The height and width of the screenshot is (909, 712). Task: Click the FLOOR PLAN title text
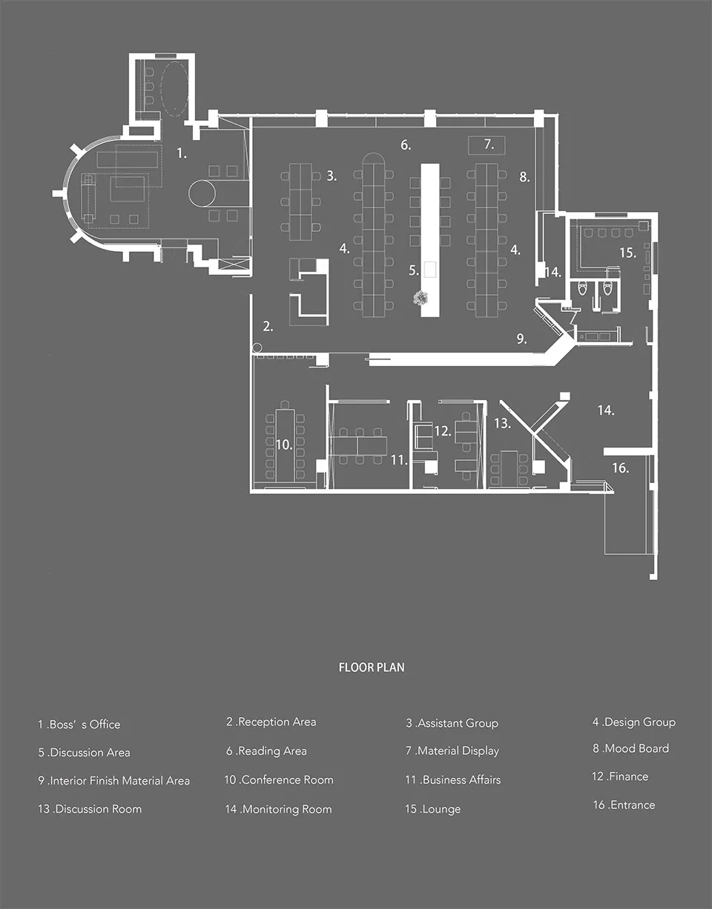click(372, 667)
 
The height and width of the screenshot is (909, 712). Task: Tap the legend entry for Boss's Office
click(79, 725)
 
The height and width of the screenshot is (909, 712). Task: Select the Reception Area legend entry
click(271, 722)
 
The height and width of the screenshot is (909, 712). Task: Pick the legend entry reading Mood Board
click(631, 748)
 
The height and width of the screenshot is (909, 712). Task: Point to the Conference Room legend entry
click(279, 780)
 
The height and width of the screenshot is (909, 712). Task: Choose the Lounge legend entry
click(433, 809)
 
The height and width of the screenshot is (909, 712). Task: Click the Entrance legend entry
click(624, 805)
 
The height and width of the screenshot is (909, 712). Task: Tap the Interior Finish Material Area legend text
click(114, 781)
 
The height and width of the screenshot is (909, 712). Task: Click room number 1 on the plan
click(181, 153)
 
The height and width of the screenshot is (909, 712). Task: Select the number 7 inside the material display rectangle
click(489, 144)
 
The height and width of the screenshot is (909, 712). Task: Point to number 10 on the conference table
click(284, 444)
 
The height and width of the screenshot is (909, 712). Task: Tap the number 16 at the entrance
click(620, 467)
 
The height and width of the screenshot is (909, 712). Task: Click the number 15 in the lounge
click(628, 253)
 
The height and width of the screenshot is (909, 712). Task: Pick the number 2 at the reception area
click(268, 326)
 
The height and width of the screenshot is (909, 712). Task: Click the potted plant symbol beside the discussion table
click(420, 298)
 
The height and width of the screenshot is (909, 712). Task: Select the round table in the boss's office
click(202, 193)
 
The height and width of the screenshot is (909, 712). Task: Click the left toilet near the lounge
click(582, 288)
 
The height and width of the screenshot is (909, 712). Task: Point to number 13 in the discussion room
click(502, 423)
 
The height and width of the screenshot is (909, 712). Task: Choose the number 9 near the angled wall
click(521, 339)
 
